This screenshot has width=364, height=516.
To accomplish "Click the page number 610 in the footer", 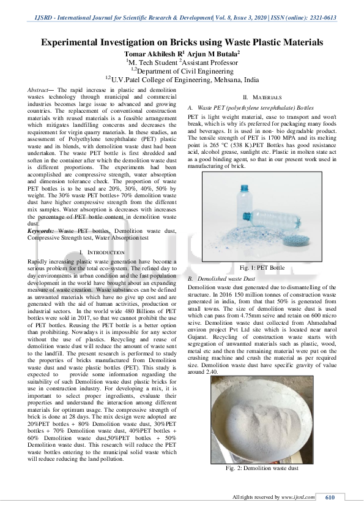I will click(x=330, y=497).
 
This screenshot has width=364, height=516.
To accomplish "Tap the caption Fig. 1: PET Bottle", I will click(x=262, y=268).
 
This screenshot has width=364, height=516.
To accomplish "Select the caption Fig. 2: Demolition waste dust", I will click(x=262, y=468).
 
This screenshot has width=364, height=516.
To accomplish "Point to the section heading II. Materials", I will click(x=262, y=97).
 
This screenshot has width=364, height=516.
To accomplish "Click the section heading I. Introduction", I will click(x=102, y=252).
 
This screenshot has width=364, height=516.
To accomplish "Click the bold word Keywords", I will click(x=41, y=230).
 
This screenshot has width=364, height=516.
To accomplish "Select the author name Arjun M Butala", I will click(x=214, y=53).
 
